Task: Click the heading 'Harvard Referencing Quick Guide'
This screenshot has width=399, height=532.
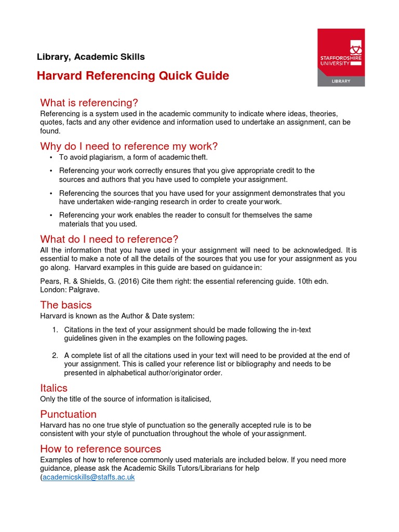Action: pos(132,76)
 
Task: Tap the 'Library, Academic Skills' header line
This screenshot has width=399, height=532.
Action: pos(91,57)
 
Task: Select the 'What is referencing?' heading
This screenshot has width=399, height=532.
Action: pos(89,102)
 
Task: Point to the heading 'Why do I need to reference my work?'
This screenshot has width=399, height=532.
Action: pos(129,146)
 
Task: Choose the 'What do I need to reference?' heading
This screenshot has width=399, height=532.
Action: pos(109,239)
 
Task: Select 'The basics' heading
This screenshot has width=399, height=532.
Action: pos(66,305)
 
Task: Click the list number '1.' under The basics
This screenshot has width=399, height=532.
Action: pos(55,330)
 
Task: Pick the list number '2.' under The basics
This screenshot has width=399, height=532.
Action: pos(55,355)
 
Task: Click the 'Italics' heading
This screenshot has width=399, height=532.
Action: pos(54,388)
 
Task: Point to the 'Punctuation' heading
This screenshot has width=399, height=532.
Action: pos(68,414)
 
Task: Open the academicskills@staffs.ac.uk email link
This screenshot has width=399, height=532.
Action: pos(88,477)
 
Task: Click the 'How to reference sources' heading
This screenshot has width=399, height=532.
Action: pos(101,449)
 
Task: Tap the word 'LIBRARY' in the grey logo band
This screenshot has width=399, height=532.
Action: pos(341,81)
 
